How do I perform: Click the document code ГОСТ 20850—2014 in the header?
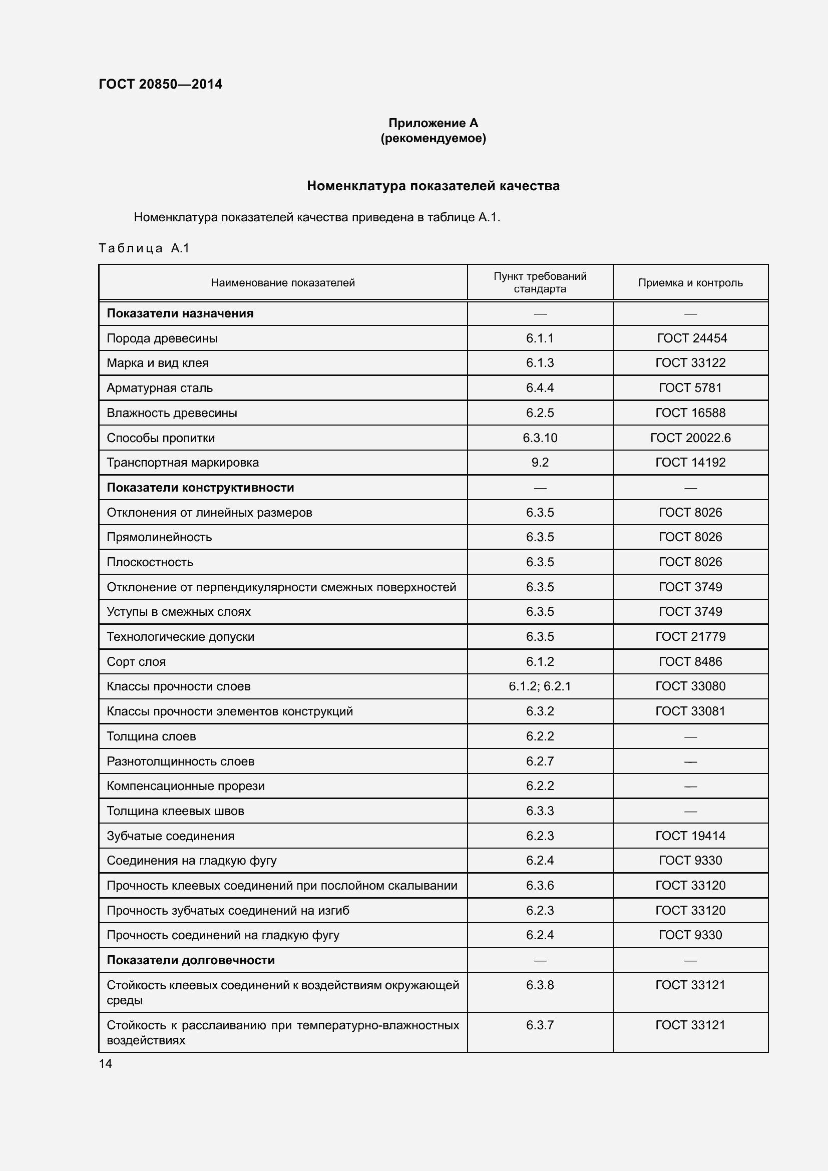[x=160, y=84]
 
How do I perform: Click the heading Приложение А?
[x=433, y=123]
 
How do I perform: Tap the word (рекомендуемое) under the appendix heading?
[x=433, y=138]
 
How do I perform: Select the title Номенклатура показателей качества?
[x=433, y=186]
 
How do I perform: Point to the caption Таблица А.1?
[x=144, y=248]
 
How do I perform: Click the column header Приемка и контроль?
[x=690, y=282]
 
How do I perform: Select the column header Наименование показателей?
[x=282, y=282]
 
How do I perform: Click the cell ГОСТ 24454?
[x=691, y=338]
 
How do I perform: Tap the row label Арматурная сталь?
[x=160, y=387]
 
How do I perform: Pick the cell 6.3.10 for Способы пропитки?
[x=540, y=438]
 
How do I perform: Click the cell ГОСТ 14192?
[x=690, y=462]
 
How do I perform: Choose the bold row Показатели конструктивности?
[x=200, y=488]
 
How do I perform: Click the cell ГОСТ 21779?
[x=690, y=636]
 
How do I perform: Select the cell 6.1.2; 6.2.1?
[x=540, y=686]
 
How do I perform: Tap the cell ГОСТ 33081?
[x=690, y=711]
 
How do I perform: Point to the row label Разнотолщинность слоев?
[x=180, y=761]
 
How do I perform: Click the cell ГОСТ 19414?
[x=690, y=836]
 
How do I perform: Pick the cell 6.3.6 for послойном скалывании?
[x=540, y=886]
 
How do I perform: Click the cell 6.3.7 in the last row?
[x=540, y=1025]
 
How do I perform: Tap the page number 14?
[x=106, y=1063]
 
